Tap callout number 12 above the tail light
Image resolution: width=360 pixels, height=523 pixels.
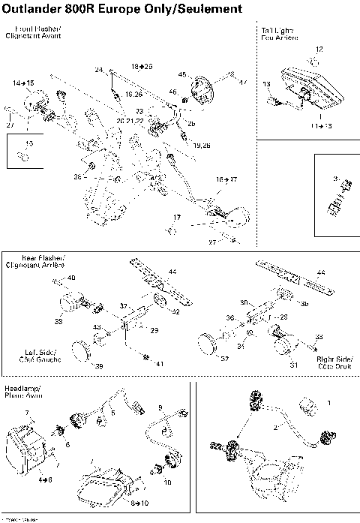point(319,49)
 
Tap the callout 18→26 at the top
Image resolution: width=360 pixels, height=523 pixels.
point(142,67)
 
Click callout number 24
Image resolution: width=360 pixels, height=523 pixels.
point(98,70)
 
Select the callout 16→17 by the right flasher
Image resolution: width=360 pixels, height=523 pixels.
point(226,179)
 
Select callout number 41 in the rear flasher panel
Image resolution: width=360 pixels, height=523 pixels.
point(160,363)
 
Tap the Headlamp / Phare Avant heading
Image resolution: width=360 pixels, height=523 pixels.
point(23,391)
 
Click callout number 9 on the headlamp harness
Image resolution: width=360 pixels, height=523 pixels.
point(160,407)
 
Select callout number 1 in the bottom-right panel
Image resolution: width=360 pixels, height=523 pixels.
point(328,402)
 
